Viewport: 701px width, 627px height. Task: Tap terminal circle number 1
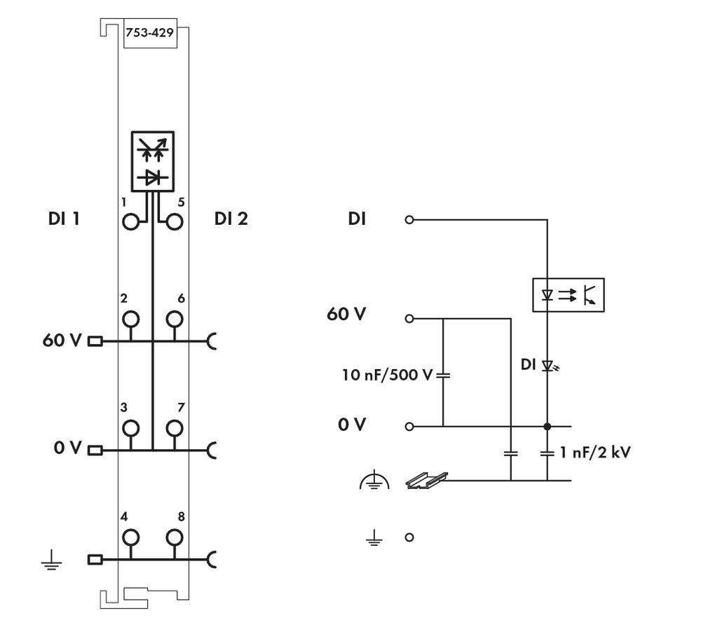click(131, 223)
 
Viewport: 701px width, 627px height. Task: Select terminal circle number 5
click(174, 223)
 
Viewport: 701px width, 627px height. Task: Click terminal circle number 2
click(131, 319)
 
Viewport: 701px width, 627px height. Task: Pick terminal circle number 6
click(174, 319)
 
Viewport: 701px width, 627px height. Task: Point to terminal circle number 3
click(131, 427)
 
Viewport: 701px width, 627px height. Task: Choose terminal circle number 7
click(174, 427)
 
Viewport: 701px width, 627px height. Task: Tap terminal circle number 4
click(131, 537)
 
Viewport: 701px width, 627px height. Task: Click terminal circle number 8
click(174, 537)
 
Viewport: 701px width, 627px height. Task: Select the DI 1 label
click(63, 219)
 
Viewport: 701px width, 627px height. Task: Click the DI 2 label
click(231, 219)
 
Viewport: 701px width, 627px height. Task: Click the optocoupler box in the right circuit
click(569, 295)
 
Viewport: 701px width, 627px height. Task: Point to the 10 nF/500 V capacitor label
click(388, 375)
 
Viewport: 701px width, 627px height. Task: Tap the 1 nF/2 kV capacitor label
click(595, 453)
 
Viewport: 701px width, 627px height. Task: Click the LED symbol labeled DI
click(549, 366)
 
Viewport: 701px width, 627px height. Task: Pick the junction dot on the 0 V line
click(547, 426)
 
